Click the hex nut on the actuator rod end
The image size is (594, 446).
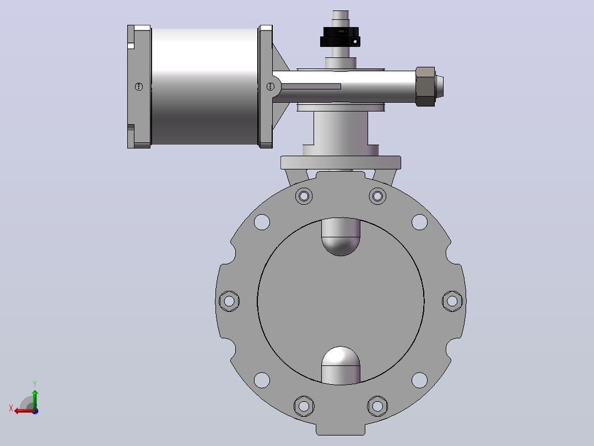(425, 87)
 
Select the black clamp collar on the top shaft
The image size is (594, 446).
(340, 37)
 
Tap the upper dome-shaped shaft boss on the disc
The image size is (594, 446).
(341, 236)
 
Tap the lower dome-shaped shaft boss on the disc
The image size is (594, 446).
(341, 365)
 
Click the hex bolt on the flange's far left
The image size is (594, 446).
(229, 301)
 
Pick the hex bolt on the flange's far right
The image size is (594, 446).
(452, 301)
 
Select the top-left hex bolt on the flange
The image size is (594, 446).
(304, 197)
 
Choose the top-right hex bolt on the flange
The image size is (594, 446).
(377, 197)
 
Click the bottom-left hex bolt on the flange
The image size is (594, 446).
(304, 406)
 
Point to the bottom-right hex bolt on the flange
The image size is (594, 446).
(377, 406)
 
